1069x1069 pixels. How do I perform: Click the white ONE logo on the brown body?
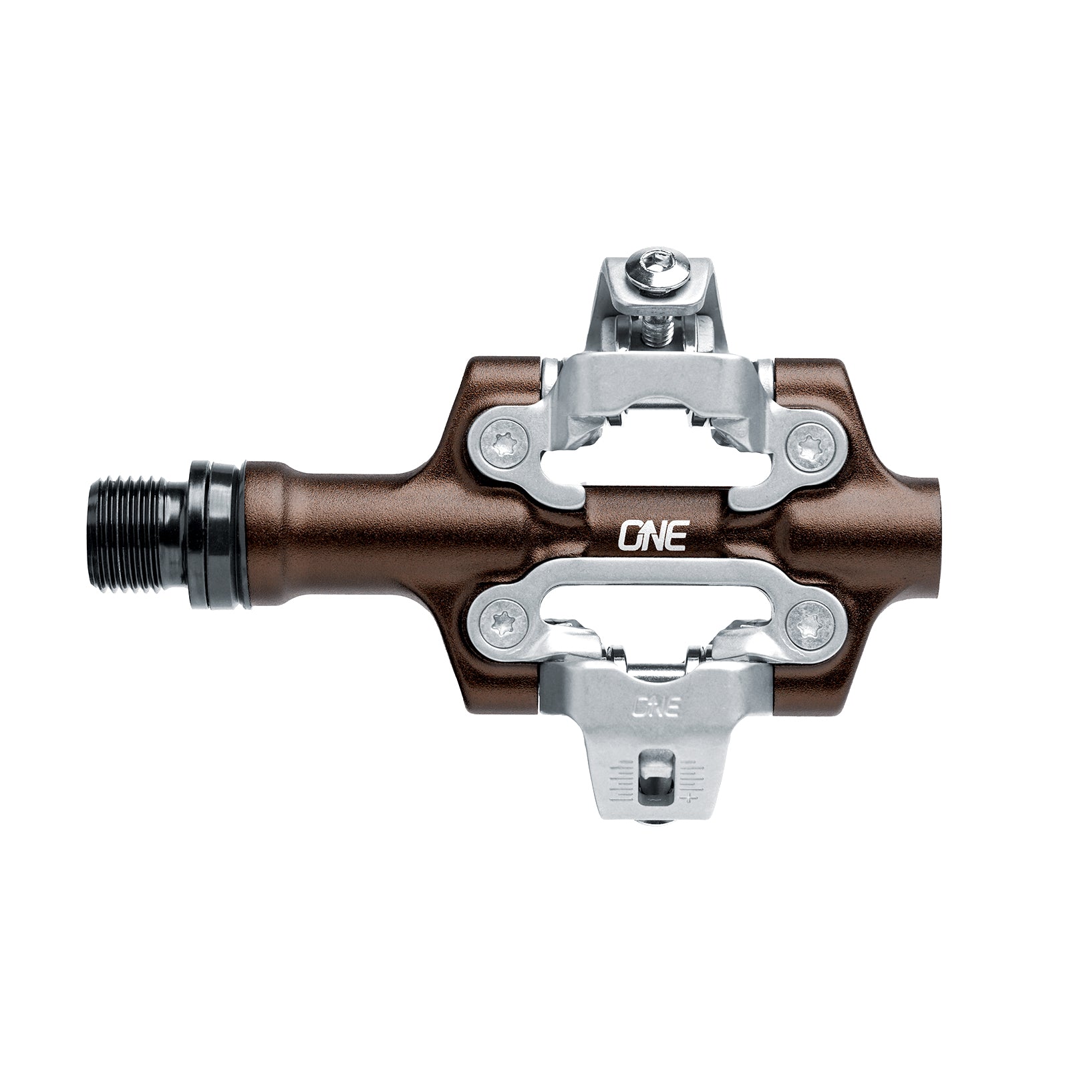tap(652, 535)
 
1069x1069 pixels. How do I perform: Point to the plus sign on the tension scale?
tap(688, 797)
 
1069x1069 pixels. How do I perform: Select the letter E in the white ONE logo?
tap(675, 536)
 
